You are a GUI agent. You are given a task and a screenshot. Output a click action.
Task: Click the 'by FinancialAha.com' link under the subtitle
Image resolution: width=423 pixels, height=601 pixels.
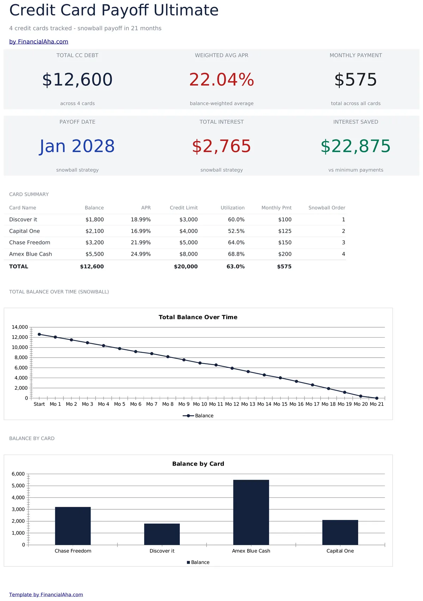coord(39,42)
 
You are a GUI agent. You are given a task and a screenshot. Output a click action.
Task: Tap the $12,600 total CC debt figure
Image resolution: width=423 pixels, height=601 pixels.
coord(77,80)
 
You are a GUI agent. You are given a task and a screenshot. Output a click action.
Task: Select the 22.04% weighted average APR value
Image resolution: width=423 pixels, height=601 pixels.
coord(222,80)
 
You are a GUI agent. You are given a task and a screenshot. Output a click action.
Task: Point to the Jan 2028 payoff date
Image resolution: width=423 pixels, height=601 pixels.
coord(77,146)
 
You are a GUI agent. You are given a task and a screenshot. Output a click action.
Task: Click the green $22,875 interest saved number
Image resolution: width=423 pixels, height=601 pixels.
coord(356,146)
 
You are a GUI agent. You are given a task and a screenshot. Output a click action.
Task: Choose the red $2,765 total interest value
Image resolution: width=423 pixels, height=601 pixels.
coord(222,146)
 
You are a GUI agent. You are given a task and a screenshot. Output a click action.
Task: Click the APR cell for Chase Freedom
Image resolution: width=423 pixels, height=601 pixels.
coord(141,243)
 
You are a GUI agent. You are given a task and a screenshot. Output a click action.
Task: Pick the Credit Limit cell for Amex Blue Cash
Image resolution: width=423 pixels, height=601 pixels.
coord(189,254)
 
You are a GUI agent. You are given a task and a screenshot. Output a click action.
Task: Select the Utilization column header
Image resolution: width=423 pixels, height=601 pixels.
coord(233,208)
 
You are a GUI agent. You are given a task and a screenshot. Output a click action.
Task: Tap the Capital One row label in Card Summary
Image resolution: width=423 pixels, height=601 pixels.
coord(24,231)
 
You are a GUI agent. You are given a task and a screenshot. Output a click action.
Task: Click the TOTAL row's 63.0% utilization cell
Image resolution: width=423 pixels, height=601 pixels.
coord(235,267)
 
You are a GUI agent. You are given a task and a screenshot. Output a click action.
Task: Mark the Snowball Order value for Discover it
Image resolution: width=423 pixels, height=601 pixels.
coord(343,219)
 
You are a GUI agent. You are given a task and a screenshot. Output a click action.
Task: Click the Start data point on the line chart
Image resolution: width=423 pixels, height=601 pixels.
coord(39,334)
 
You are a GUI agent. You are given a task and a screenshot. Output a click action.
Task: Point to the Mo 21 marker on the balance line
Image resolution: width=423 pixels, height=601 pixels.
coord(376,398)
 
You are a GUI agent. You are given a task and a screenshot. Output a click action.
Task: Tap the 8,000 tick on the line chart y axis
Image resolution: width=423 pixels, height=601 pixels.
coord(21,357)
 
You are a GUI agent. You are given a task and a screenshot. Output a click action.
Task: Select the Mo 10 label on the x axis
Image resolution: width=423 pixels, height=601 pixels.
coord(200,404)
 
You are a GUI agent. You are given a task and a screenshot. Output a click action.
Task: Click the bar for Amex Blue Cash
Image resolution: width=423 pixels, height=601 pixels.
coord(251,512)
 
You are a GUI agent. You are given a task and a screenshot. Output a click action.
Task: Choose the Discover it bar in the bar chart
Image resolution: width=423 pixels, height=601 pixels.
coord(162,534)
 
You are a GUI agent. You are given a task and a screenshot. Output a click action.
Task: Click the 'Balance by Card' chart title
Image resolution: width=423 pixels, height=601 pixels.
coord(198,464)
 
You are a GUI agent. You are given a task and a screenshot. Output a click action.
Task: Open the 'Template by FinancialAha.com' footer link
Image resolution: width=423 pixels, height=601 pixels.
coord(46,595)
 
